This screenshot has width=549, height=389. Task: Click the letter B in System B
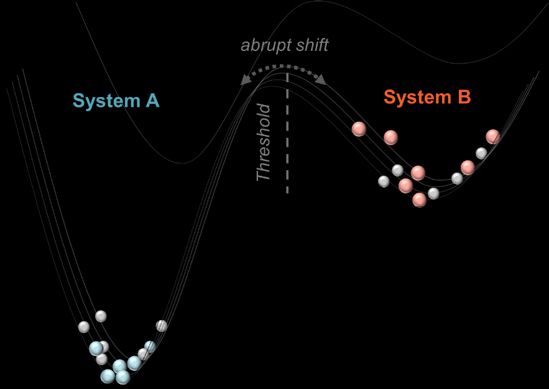463,98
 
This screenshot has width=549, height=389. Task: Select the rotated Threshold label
264,143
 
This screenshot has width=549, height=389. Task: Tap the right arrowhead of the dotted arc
322,79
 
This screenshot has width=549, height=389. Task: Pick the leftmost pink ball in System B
359,129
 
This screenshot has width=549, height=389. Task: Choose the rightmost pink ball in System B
493,136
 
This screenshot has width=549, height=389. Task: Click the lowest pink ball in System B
420,199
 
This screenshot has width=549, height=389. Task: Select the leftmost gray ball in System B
384,181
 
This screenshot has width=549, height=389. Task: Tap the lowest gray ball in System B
434,193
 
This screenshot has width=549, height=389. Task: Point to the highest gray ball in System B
481,153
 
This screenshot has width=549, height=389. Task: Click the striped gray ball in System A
162,325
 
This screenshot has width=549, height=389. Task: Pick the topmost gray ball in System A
101,316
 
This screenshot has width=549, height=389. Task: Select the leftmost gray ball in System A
84,326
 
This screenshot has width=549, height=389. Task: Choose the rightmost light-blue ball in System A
150,347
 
